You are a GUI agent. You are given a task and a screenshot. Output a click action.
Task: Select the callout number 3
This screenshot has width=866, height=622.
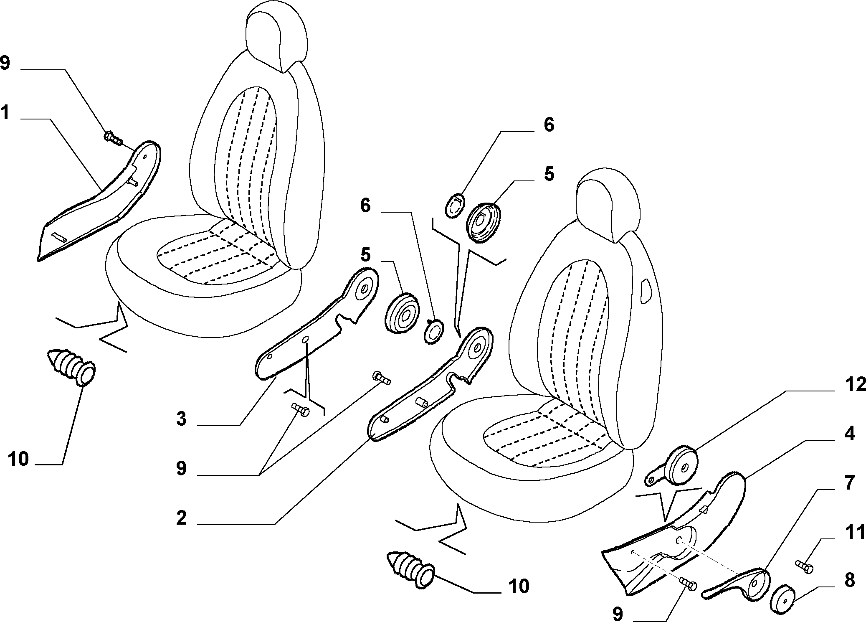[x=181, y=418]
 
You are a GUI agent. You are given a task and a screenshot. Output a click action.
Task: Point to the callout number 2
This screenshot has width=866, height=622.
[x=181, y=518]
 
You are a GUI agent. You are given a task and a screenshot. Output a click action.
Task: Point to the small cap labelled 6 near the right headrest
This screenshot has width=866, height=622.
[x=455, y=205]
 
